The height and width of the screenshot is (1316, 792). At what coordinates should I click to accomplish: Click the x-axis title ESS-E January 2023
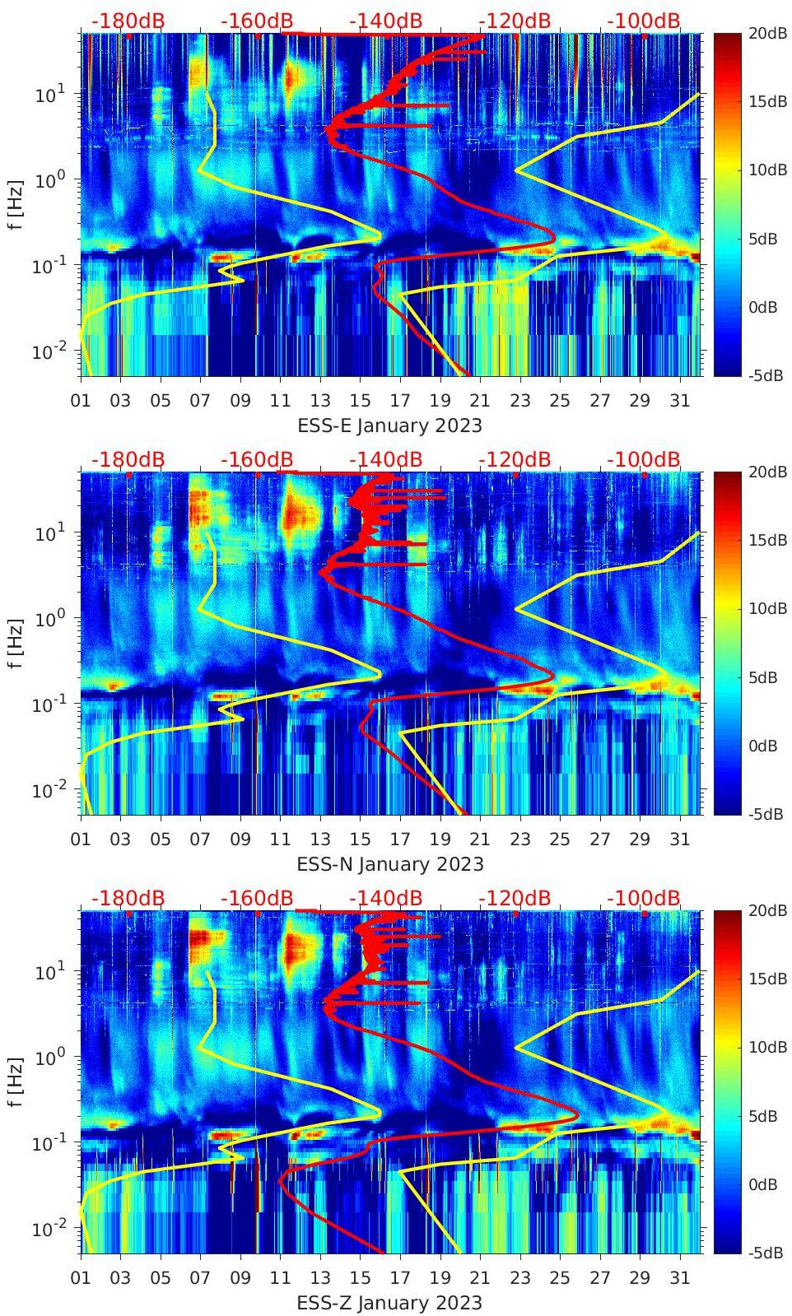point(389,425)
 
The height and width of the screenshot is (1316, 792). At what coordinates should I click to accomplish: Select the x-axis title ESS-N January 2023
point(389,864)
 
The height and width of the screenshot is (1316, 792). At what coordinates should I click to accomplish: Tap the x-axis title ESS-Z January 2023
point(389,1303)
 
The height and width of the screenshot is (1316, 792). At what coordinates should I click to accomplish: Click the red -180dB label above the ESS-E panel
point(128,21)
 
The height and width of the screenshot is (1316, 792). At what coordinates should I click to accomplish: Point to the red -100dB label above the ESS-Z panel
point(644,898)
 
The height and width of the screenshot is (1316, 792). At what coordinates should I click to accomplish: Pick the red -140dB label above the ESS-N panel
point(385,459)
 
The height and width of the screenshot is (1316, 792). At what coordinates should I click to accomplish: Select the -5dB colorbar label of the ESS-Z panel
point(765,1253)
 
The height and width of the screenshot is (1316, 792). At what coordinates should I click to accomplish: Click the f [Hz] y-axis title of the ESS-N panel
point(16,643)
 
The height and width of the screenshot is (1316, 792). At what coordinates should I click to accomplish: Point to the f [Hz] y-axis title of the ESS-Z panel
point(16,1081)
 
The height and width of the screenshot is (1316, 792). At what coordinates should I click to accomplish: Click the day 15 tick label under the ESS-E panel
point(360,401)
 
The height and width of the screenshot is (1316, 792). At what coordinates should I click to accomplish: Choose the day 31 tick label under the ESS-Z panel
point(679,1278)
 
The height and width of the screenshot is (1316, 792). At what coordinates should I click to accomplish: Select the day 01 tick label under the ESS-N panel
point(81,839)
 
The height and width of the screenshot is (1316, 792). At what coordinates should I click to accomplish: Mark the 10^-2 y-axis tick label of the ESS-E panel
point(46,351)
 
